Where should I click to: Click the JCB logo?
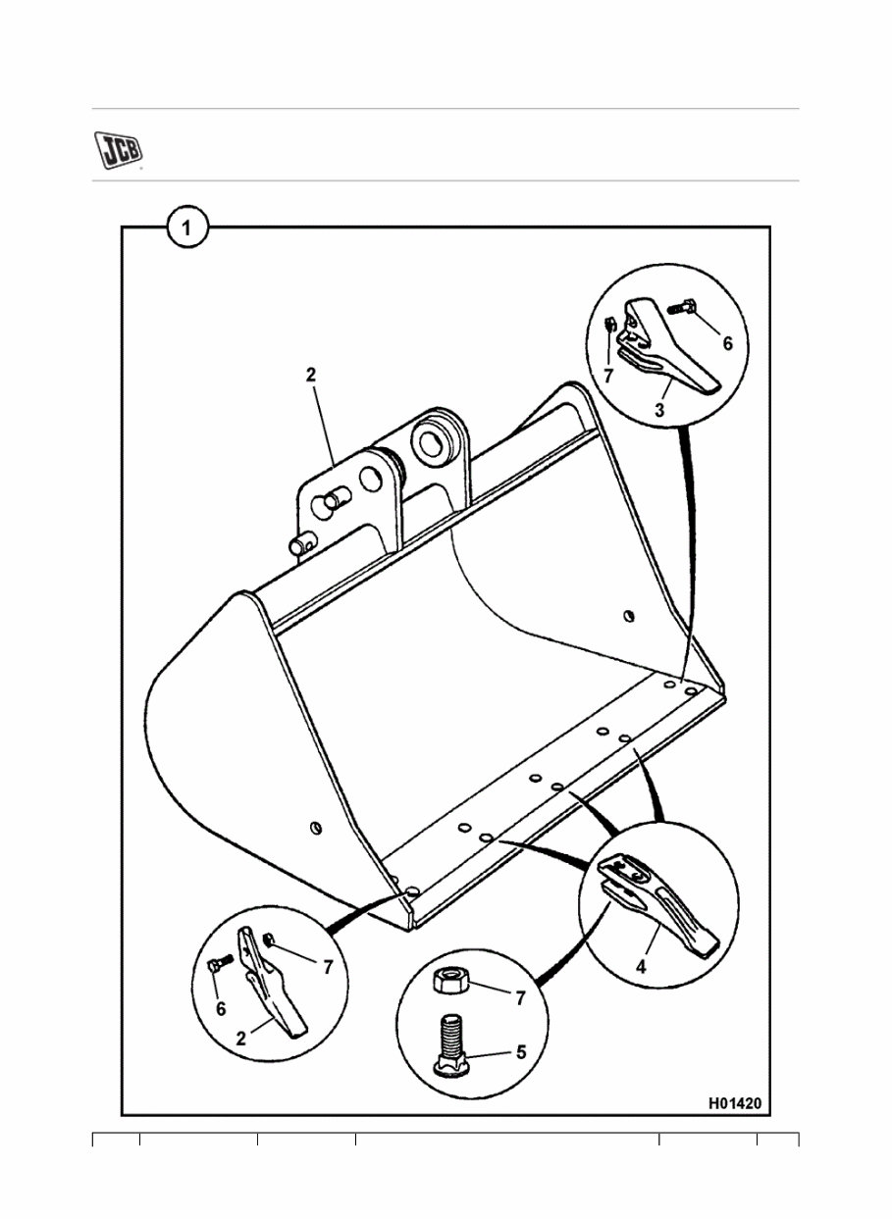(x=118, y=149)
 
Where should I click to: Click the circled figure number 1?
(x=187, y=230)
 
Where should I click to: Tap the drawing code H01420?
(x=735, y=1103)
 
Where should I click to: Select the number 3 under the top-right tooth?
(x=659, y=410)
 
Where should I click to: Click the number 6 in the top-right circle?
(x=727, y=344)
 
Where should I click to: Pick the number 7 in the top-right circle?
(x=608, y=375)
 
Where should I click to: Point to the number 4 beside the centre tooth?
(x=640, y=966)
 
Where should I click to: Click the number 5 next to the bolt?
(x=520, y=1051)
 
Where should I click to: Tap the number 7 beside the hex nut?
(x=520, y=998)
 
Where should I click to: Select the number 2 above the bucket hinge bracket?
(x=310, y=374)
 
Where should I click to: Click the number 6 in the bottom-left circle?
(x=221, y=1007)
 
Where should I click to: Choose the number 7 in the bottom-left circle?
(x=327, y=967)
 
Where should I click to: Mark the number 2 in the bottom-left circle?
(x=241, y=1039)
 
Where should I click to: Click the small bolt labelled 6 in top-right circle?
(x=683, y=308)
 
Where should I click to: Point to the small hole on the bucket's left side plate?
(x=314, y=827)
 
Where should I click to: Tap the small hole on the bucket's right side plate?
(x=629, y=616)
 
